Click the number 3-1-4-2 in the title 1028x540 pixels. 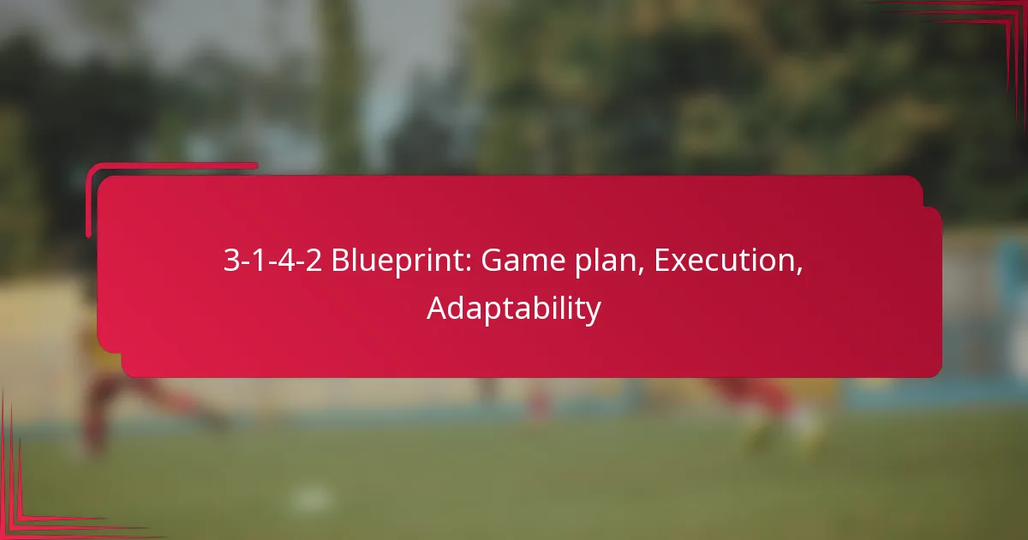272,261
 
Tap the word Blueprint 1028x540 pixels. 399,261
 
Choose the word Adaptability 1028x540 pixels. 514,309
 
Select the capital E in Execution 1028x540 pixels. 662,261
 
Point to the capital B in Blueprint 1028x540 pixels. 340,261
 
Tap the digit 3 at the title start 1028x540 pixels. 230,261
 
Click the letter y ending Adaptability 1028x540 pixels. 595,311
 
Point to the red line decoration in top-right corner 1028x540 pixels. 985,34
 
